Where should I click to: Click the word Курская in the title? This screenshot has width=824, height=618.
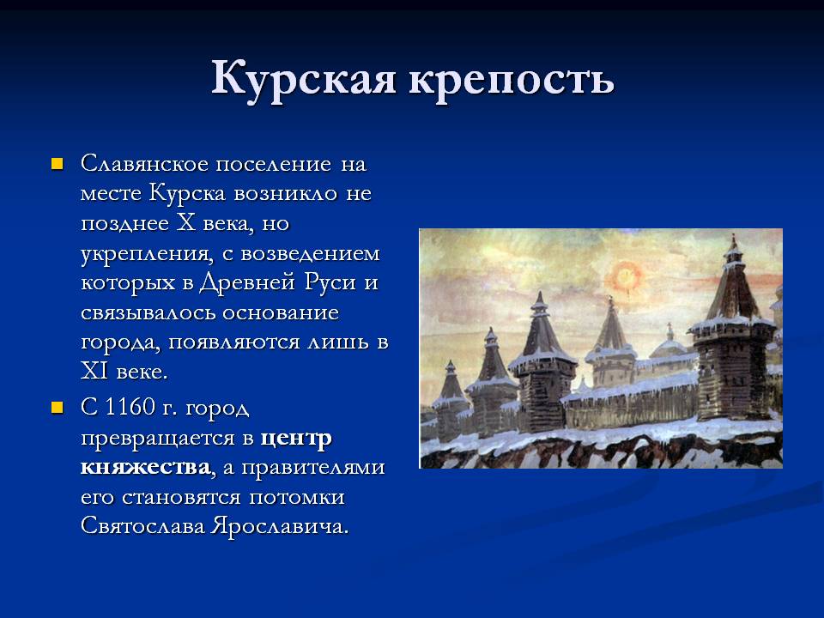click(x=304, y=80)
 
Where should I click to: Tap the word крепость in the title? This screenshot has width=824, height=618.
click(x=512, y=80)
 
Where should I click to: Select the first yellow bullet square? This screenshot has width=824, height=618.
click(x=57, y=164)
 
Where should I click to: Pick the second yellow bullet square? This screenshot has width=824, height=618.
click(x=57, y=408)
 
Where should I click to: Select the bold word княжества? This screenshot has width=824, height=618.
click(x=146, y=467)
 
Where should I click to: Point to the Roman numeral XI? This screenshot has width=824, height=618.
click(x=94, y=372)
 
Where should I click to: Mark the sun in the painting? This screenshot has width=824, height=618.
click(x=626, y=276)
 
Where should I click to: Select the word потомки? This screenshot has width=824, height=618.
click(x=296, y=498)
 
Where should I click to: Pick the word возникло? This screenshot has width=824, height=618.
click(x=285, y=194)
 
